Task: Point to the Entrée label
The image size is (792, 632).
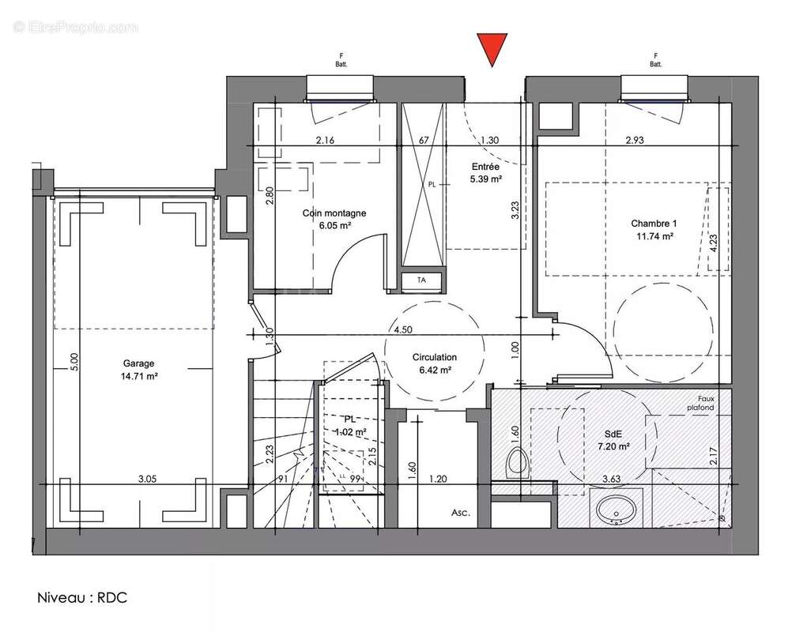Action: [485, 167]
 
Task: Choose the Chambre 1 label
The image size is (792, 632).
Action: [654, 223]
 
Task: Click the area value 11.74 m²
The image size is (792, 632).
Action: [654, 235]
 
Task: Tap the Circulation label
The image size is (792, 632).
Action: [434, 357]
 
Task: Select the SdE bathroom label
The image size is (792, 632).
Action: [613, 434]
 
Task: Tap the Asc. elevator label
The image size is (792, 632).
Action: [460, 513]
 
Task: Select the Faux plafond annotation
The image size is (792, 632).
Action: [701, 404]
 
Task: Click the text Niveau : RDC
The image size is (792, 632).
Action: [81, 596]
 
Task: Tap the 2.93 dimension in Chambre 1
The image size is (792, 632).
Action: [636, 140]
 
